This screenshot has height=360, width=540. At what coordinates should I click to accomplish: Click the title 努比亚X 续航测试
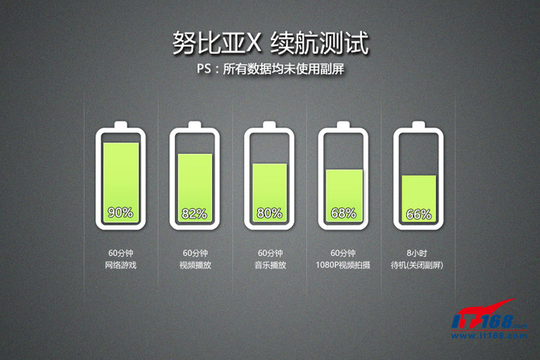(271, 43)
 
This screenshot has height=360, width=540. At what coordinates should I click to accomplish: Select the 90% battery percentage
(120, 213)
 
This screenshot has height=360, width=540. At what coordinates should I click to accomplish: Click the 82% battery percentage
(195, 213)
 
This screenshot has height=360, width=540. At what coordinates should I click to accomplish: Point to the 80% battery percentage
(269, 213)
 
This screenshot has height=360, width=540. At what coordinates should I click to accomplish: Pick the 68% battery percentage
(343, 213)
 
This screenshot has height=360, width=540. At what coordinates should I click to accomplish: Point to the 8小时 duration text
(417, 251)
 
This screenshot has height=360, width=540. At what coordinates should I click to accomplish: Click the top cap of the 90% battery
(121, 125)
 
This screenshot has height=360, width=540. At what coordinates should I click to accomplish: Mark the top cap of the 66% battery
(417, 125)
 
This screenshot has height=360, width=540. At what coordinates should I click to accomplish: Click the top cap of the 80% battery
(269, 125)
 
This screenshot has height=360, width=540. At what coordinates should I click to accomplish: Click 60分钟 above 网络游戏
(121, 251)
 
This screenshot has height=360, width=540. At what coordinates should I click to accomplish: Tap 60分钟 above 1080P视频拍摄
(343, 251)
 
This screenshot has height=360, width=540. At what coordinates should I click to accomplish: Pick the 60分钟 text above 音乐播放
(269, 251)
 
